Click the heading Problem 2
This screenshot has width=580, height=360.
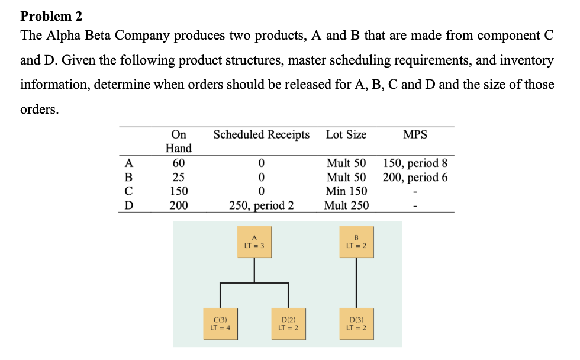[x=51, y=15]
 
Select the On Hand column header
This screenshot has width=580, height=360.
[x=178, y=141]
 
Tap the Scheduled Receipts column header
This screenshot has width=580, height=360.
[x=261, y=134]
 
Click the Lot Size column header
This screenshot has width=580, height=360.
[x=346, y=134]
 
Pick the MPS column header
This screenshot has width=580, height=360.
[x=415, y=134]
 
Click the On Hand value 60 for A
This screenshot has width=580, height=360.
[x=178, y=163]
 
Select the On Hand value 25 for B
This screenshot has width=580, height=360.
[x=178, y=177]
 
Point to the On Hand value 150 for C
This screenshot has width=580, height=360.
[x=178, y=191]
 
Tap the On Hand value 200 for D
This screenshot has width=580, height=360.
[x=178, y=205]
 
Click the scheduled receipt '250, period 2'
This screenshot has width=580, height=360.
[x=261, y=205]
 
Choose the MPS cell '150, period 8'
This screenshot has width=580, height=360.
[x=415, y=163]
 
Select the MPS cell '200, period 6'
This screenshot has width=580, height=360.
[x=415, y=177]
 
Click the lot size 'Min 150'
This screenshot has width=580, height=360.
[x=346, y=191]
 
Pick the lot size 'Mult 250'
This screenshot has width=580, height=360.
[x=346, y=205]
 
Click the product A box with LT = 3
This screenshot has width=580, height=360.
[x=254, y=242]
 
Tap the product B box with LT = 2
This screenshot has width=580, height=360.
[x=356, y=242]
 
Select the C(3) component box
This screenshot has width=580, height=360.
[x=220, y=323]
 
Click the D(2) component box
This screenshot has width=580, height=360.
[x=288, y=323]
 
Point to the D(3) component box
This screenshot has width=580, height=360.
[x=356, y=323]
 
